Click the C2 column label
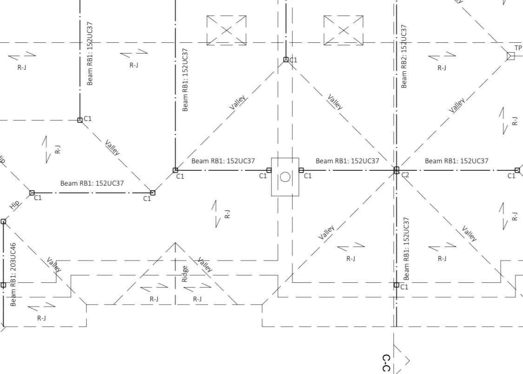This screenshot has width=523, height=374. [405, 175]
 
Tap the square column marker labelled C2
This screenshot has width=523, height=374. [397, 170]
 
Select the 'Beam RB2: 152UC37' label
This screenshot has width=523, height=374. [404, 56]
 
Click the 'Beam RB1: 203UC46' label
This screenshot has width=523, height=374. [13, 274]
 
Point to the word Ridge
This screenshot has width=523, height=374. [185, 274]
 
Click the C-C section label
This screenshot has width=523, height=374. [386, 363]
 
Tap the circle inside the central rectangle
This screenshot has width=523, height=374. [285, 177]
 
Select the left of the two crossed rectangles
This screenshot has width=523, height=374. [226, 30]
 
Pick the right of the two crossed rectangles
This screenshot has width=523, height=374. [344, 30]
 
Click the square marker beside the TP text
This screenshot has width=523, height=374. [510, 56]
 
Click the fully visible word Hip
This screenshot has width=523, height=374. [15, 205]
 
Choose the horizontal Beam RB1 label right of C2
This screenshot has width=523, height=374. [457, 161]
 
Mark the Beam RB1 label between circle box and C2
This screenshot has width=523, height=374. [347, 161]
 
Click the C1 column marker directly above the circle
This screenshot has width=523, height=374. [286, 60]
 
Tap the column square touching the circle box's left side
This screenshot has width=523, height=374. [269, 170]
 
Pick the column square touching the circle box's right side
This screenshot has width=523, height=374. [301, 170]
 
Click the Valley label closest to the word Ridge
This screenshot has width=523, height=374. [205, 264]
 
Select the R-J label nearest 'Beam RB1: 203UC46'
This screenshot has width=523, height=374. [41, 318]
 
